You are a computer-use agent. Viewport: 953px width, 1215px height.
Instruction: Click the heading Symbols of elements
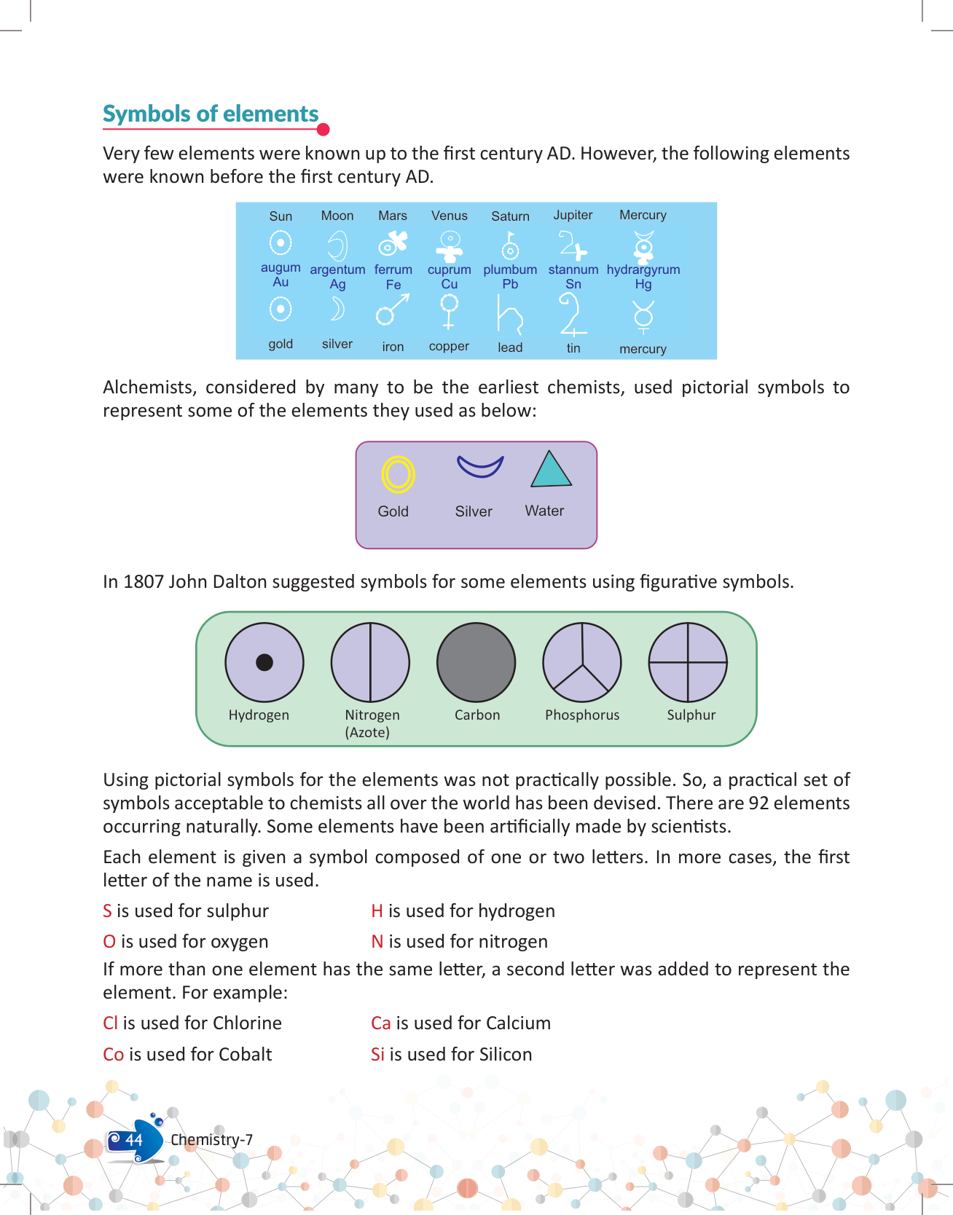point(211,114)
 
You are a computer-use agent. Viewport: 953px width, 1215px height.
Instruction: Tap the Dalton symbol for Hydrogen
point(264,662)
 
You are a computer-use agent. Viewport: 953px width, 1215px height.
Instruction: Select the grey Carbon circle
point(476,662)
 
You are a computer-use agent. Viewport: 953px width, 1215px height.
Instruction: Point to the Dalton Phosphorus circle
point(582,662)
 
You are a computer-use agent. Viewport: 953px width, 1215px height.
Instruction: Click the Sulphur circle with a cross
point(688,662)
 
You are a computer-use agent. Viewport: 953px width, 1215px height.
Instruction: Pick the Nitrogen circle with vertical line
point(370,662)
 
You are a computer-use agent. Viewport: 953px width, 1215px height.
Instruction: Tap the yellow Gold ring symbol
point(398,474)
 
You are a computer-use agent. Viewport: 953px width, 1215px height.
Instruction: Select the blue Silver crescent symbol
point(480,466)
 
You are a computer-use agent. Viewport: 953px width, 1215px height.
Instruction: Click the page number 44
point(133,1140)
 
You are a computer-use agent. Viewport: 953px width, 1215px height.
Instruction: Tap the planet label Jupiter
point(573,215)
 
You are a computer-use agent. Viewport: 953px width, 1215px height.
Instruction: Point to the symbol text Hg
point(643,284)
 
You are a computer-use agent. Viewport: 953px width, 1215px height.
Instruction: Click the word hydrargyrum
point(643,270)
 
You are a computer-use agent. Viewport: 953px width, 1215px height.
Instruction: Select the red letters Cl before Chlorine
point(110,1023)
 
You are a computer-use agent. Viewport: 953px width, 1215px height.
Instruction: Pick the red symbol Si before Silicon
point(377,1055)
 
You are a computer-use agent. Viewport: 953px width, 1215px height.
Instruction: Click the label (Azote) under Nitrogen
point(367,732)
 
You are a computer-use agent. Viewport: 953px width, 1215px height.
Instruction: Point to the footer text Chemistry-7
point(211,1140)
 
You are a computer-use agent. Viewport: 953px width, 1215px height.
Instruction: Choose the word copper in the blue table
point(449,346)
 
